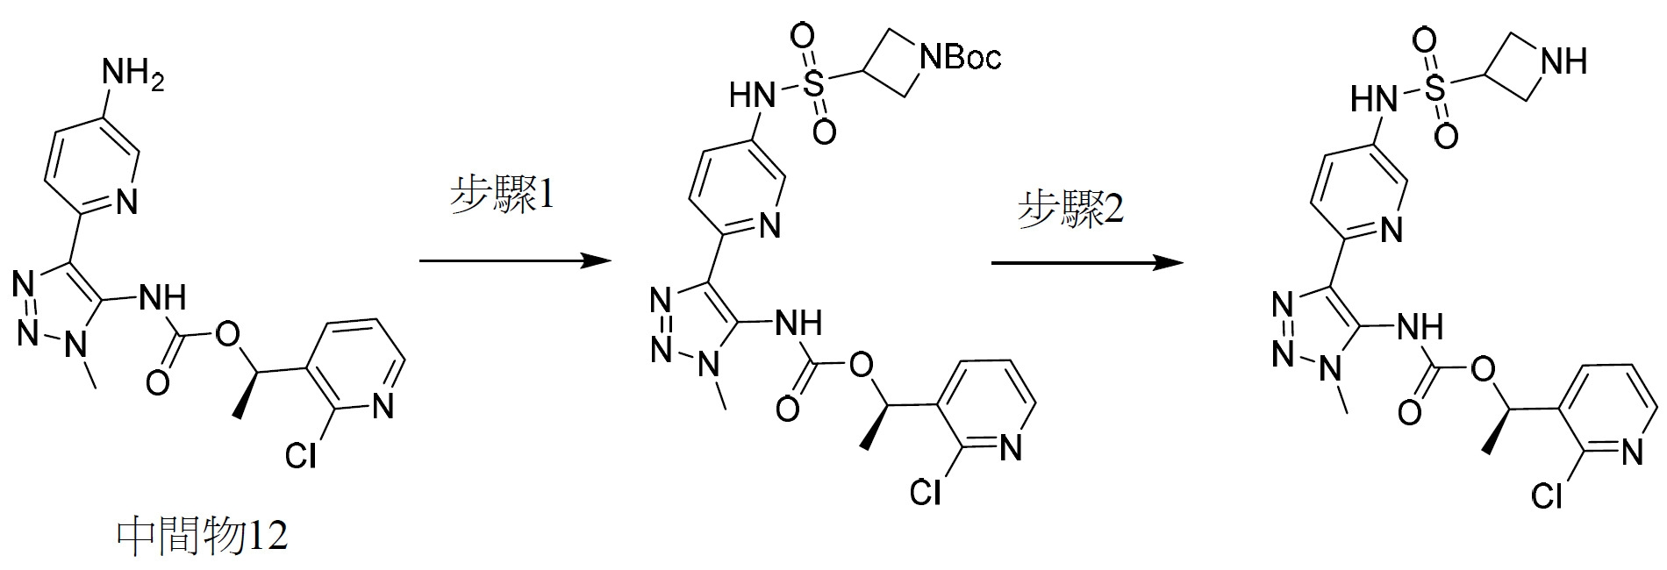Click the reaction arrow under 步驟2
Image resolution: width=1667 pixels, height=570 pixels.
pos(1087,262)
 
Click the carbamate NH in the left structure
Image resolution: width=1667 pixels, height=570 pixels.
pos(162,299)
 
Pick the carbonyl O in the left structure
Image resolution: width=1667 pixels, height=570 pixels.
pos(158,381)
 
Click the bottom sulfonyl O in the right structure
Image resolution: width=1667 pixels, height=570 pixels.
pos(1447,137)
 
